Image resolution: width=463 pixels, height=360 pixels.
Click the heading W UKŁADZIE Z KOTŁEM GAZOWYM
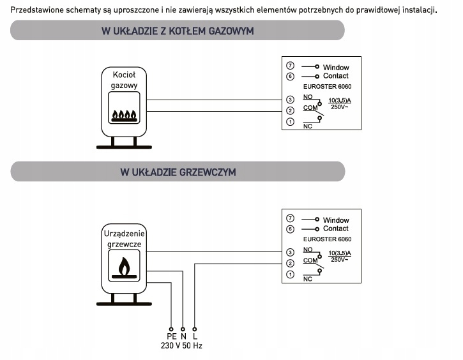[178, 31]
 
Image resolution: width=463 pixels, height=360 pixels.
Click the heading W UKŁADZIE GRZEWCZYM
[178, 172]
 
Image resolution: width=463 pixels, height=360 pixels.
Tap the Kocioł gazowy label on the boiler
[124, 79]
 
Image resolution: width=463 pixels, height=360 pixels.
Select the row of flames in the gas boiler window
[125, 116]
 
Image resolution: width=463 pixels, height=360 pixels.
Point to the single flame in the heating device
[125, 266]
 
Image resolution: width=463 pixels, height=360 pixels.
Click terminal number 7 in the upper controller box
[290, 66]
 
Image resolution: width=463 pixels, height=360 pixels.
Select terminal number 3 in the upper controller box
[290, 100]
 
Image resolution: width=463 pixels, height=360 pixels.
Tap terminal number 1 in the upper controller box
[290, 121]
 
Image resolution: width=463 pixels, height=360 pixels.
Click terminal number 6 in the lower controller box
[290, 229]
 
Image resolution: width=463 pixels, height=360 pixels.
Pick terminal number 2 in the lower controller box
[290, 263]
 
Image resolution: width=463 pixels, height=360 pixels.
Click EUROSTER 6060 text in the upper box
[327, 87]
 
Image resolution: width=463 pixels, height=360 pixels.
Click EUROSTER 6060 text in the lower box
[327, 240]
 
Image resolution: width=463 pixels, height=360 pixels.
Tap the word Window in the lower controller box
[336, 220]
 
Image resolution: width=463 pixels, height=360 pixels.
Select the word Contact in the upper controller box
[336, 76]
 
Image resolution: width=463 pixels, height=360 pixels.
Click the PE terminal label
[171, 336]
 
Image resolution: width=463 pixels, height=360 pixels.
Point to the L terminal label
[195, 336]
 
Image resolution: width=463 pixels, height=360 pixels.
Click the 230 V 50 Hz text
[181, 347]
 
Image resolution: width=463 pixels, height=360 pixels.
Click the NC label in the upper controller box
[307, 126]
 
